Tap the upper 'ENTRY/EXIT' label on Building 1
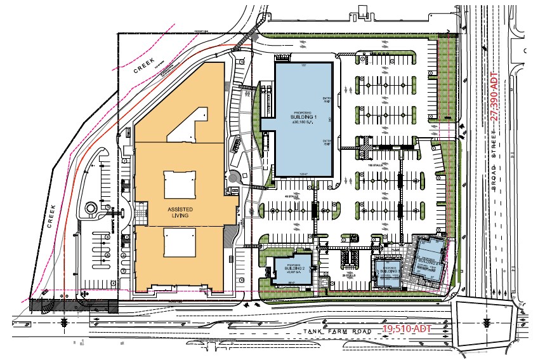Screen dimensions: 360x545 327,100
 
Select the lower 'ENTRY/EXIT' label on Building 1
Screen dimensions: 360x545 327,143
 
